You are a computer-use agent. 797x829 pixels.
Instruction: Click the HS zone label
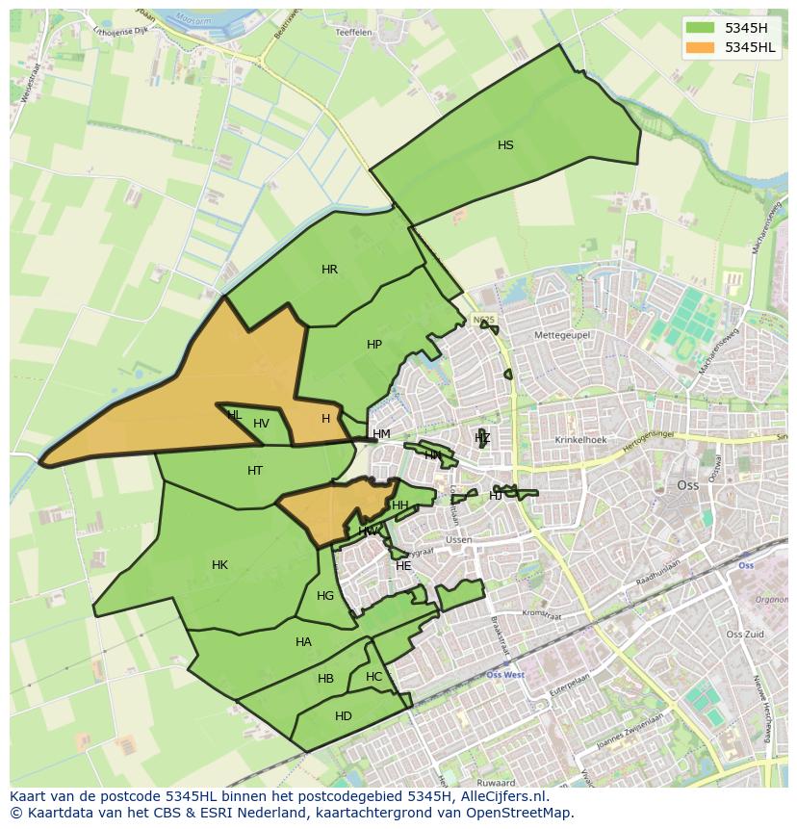pos(505,145)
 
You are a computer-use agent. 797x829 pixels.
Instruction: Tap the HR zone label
pos(329,270)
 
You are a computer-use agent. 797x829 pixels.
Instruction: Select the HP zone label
pos(374,345)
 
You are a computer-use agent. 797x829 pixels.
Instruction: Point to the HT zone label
pos(255,471)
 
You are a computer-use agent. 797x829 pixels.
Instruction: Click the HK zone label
pos(219,565)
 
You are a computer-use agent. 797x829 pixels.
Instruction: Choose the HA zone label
pos(303,642)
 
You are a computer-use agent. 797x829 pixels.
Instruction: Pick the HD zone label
pos(344,716)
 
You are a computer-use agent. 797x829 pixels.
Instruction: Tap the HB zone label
pos(325,679)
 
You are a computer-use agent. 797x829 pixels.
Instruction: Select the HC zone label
pos(373,677)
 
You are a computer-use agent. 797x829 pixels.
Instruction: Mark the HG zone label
pos(325,596)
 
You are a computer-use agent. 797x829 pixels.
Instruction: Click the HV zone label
pos(261,424)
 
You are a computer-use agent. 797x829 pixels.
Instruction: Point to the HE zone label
pos(403,566)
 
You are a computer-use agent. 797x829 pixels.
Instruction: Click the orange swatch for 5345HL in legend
pos(701,47)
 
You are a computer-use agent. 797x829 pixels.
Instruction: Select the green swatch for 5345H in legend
pos(701,28)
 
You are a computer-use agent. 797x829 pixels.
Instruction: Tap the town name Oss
pos(687,485)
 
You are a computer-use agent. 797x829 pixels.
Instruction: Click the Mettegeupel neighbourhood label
pos(562,335)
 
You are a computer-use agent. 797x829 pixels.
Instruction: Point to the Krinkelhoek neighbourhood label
pos(580,440)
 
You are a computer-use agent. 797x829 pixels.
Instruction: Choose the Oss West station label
pos(505,675)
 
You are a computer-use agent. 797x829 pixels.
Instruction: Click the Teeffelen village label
pos(353,32)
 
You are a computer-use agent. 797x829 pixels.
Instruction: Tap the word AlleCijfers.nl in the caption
pos(501,796)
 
